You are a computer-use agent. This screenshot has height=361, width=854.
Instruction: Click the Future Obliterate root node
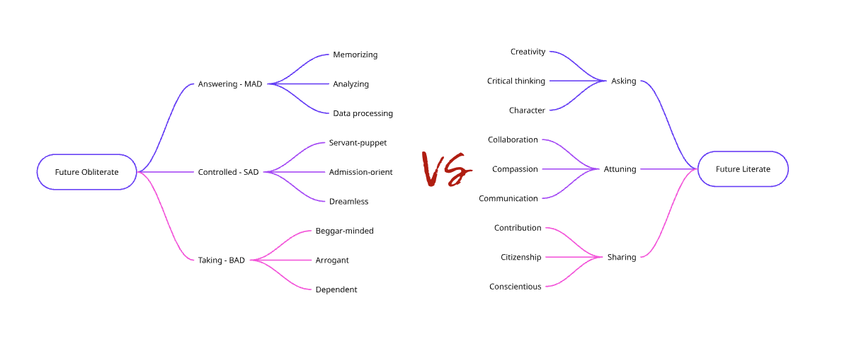click(86, 172)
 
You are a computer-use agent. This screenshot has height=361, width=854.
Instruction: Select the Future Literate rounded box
click(743, 169)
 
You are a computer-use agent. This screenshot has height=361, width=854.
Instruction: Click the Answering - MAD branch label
click(230, 84)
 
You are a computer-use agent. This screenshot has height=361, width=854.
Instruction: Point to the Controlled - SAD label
click(229, 172)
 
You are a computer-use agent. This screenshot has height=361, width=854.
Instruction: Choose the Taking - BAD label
click(222, 260)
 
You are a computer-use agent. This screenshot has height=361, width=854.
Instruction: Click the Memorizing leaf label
click(355, 55)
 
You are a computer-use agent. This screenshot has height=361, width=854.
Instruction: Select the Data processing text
click(363, 113)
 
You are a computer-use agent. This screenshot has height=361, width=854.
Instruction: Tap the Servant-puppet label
click(358, 143)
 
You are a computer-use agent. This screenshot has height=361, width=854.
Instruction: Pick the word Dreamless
click(348, 202)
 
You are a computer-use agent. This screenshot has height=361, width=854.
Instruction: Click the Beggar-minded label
click(344, 231)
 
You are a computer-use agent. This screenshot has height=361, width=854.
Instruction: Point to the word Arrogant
click(332, 260)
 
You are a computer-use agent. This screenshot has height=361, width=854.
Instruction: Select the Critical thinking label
click(516, 81)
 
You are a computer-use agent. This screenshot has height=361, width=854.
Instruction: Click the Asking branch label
click(624, 81)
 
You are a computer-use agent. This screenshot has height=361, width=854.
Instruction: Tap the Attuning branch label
click(620, 169)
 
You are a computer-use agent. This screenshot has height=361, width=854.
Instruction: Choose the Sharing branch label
click(622, 258)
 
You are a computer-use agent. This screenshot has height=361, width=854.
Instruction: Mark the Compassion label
click(516, 169)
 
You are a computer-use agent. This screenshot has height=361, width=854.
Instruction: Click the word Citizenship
click(521, 258)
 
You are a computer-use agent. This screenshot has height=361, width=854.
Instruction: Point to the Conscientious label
click(516, 287)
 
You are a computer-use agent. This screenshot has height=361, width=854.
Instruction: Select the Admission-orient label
click(360, 172)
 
